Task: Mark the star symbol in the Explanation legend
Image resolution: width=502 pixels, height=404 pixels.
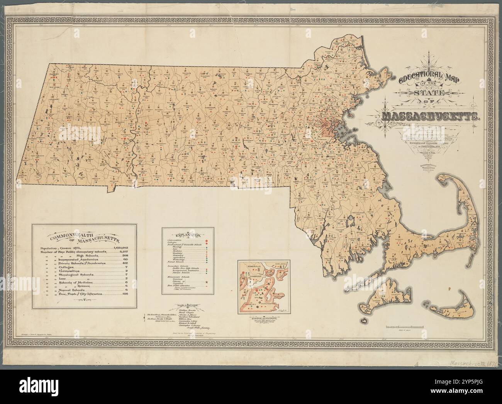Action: coord(207,283)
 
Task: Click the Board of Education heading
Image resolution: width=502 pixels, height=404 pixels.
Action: coord(187,306)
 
